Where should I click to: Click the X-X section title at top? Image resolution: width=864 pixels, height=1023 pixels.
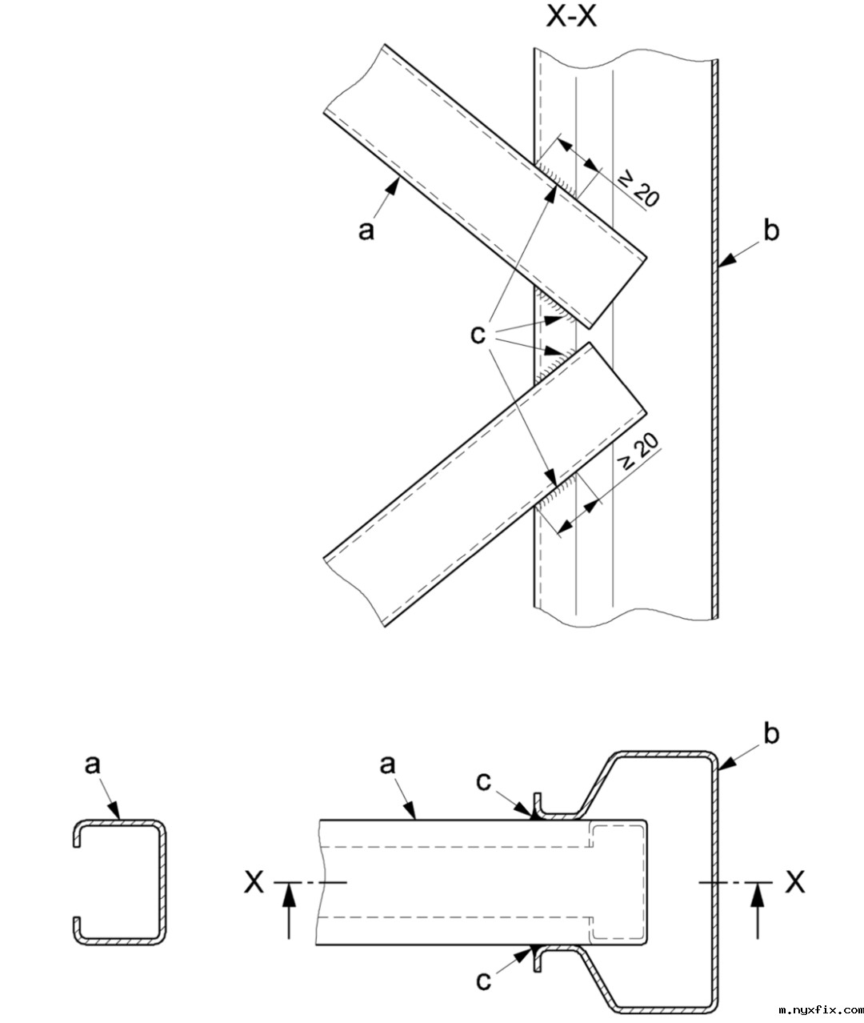(571, 17)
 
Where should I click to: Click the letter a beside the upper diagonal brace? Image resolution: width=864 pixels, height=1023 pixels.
(366, 231)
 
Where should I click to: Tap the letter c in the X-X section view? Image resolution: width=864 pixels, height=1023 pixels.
(478, 334)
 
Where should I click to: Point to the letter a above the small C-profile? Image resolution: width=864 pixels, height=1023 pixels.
(93, 765)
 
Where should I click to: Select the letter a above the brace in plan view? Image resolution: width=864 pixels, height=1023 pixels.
(388, 765)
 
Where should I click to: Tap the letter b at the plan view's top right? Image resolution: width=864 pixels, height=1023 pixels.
(771, 734)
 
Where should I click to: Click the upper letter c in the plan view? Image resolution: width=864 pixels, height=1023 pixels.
(483, 781)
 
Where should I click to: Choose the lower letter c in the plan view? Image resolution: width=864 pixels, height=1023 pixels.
(483, 981)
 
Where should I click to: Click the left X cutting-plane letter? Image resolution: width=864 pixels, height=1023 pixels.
(254, 882)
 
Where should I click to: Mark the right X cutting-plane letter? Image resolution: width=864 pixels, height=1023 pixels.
(794, 882)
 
